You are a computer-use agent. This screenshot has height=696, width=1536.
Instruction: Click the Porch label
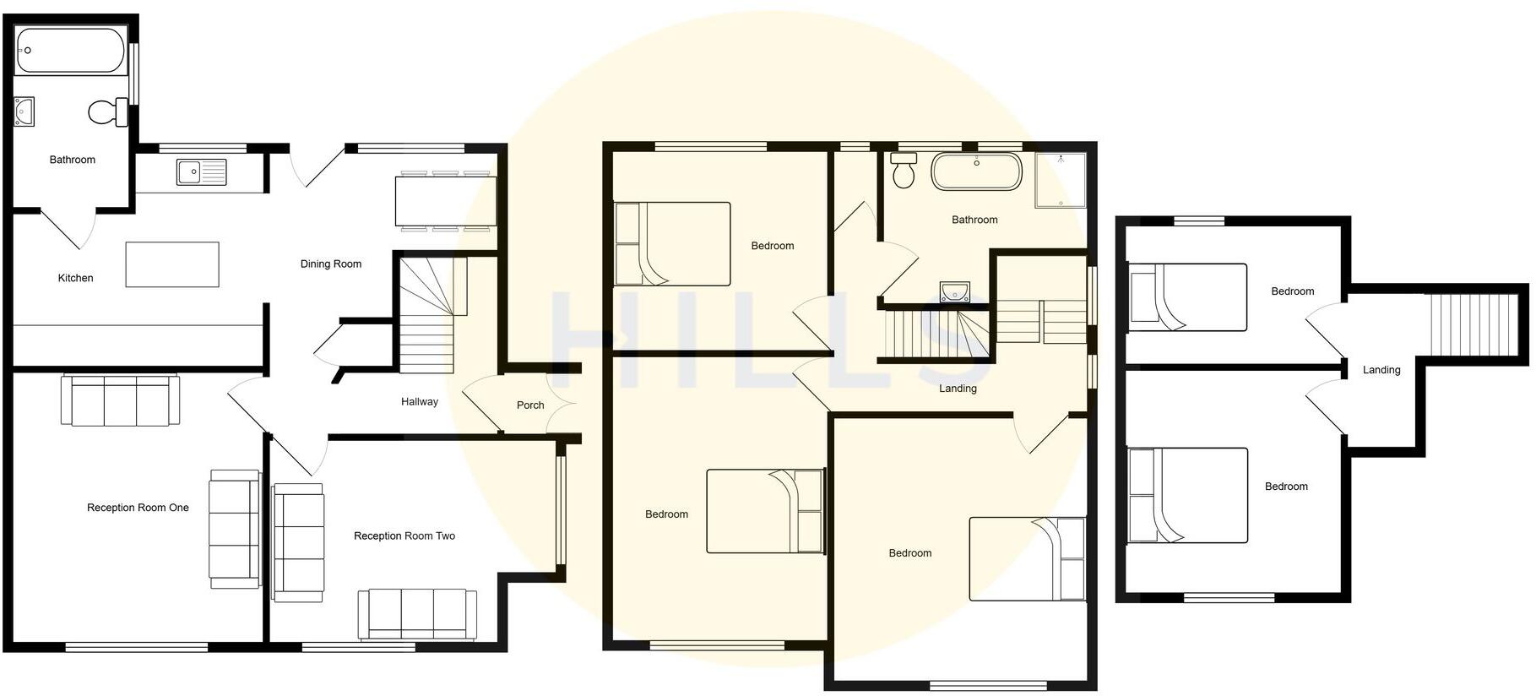(530, 405)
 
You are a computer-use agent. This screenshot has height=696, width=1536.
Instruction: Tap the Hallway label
(419, 402)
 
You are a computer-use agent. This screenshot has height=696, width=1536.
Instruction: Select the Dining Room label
(330, 264)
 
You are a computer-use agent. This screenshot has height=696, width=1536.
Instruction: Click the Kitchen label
(75, 278)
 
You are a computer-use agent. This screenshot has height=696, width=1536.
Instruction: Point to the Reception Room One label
(138, 508)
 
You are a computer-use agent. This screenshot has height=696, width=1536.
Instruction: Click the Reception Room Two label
(404, 536)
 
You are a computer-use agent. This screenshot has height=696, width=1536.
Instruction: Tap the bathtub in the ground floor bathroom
(70, 51)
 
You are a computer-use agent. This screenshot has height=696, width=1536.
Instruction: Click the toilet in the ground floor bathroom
(106, 112)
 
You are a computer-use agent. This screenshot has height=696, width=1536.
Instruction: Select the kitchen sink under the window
(202, 171)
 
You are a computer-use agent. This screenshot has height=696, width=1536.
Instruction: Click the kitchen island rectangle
(172, 264)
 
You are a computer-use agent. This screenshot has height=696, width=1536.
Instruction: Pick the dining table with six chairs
(444, 201)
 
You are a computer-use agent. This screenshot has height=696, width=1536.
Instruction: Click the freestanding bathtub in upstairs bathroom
(976, 171)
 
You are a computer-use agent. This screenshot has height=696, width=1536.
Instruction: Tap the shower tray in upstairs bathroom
(1061, 180)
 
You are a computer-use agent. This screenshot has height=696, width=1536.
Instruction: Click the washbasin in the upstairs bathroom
(954, 292)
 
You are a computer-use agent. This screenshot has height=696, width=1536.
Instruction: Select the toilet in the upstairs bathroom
(904, 170)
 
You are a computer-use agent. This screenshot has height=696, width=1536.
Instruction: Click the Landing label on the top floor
(1381, 370)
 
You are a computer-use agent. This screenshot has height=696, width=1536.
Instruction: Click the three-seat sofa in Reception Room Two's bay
(417, 614)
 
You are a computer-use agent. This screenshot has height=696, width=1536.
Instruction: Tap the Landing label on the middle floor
(958, 389)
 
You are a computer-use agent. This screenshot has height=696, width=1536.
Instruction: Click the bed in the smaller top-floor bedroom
(1188, 297)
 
